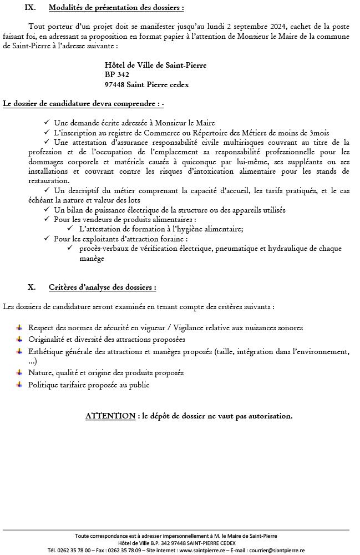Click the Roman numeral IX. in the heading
pyautogui.click(x=32, y=8)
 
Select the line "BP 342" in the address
pyautogui.click(x=116, y=74)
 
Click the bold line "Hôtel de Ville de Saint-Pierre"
pyautogui.click(x=155, y=65)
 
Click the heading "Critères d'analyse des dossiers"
pyautogui.click(x=102, y=287)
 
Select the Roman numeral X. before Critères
pyautogui.click(x=32, y=287)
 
